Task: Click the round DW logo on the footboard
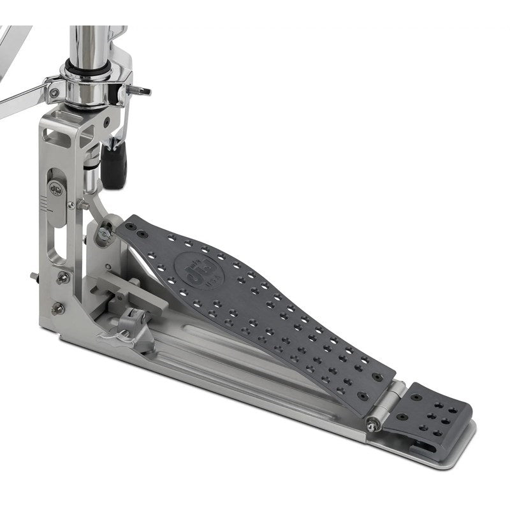pos(191,264)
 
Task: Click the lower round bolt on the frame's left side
pos(58,309)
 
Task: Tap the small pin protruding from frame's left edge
pos(33,275)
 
